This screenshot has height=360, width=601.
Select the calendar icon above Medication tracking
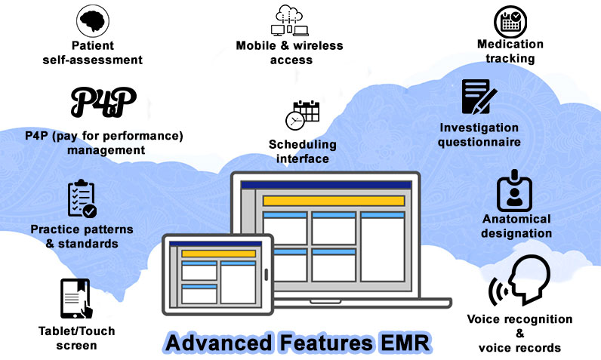pos(511,22)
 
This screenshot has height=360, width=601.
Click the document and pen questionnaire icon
pos(479,98)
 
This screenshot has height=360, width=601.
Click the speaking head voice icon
pos(521,282)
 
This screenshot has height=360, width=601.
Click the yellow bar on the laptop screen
pos(333,201)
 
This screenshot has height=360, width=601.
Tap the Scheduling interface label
pos(302,151)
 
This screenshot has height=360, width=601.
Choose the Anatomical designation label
pos(516,226)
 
